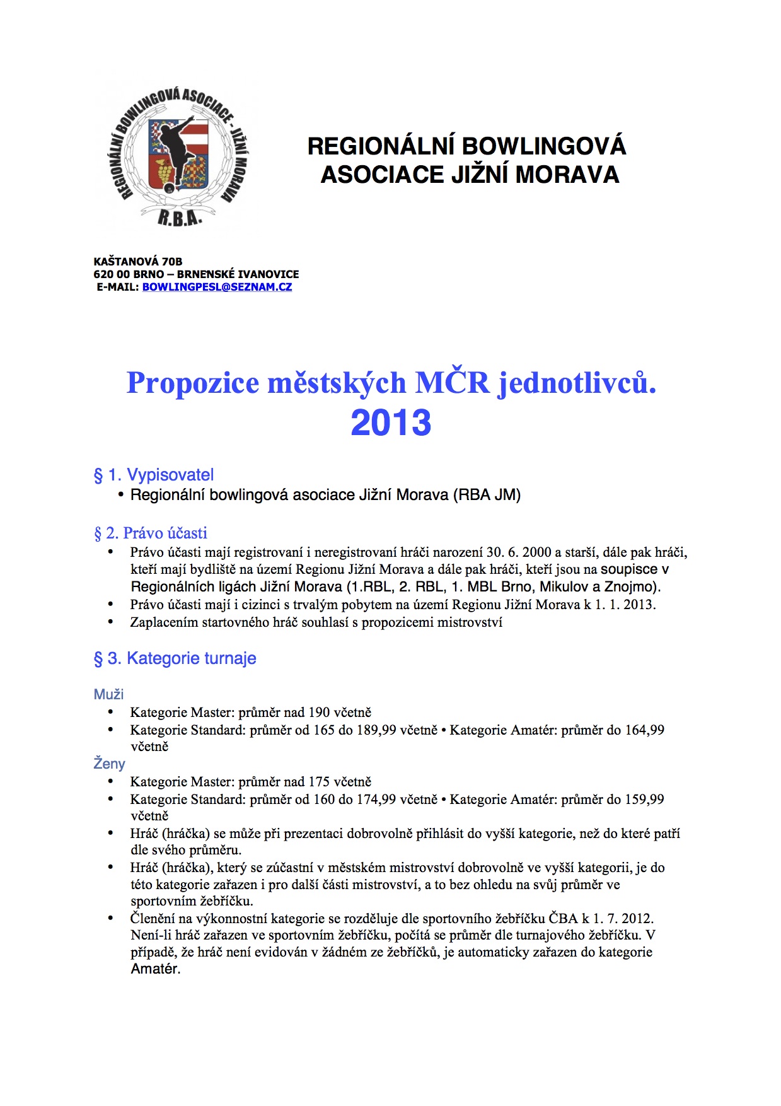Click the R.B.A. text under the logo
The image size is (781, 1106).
pos(180,218)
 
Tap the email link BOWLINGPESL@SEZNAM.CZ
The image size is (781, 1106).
pos(217,287)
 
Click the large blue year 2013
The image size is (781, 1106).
pos(391,422)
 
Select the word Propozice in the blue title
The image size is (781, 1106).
pos(193,383)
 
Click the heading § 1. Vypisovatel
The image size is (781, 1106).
pos(154,475)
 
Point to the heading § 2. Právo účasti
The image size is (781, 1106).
pos(151,533)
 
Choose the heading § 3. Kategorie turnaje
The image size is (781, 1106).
pos(175,658)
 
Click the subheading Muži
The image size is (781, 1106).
pos(108,694)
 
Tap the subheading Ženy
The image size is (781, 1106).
pos(109,764)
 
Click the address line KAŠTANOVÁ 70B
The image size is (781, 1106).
pos(138,262)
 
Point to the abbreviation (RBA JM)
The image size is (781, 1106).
pos(487,495)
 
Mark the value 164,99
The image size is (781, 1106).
pos(644,730)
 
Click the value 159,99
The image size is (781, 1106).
pos(644,800)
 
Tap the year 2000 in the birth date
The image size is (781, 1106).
pos(537,552)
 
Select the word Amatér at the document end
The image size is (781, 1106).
pos(155,969)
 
